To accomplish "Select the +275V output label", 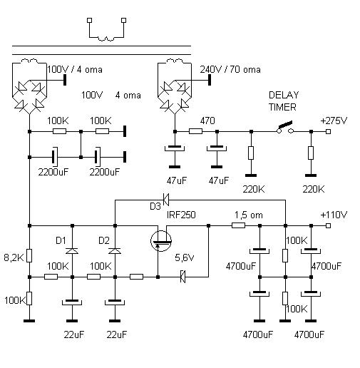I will click(334, 120).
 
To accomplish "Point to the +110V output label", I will click(334, 214).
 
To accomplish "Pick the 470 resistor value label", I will click(207, 122).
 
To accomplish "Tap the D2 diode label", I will click(104, 239).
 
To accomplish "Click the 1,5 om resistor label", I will click(247, 215).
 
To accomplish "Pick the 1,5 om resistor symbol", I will click(239, 225).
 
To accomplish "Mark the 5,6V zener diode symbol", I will click(183, 275).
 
